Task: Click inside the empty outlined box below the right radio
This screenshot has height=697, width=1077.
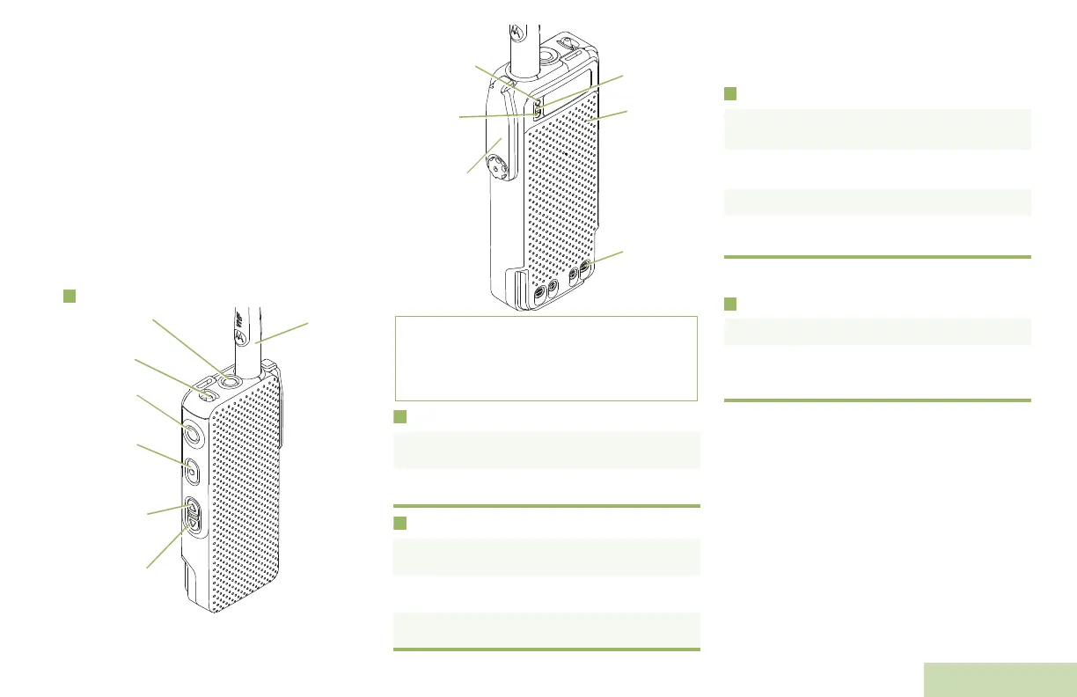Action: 546,358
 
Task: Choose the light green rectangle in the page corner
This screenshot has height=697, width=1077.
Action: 1000,679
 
